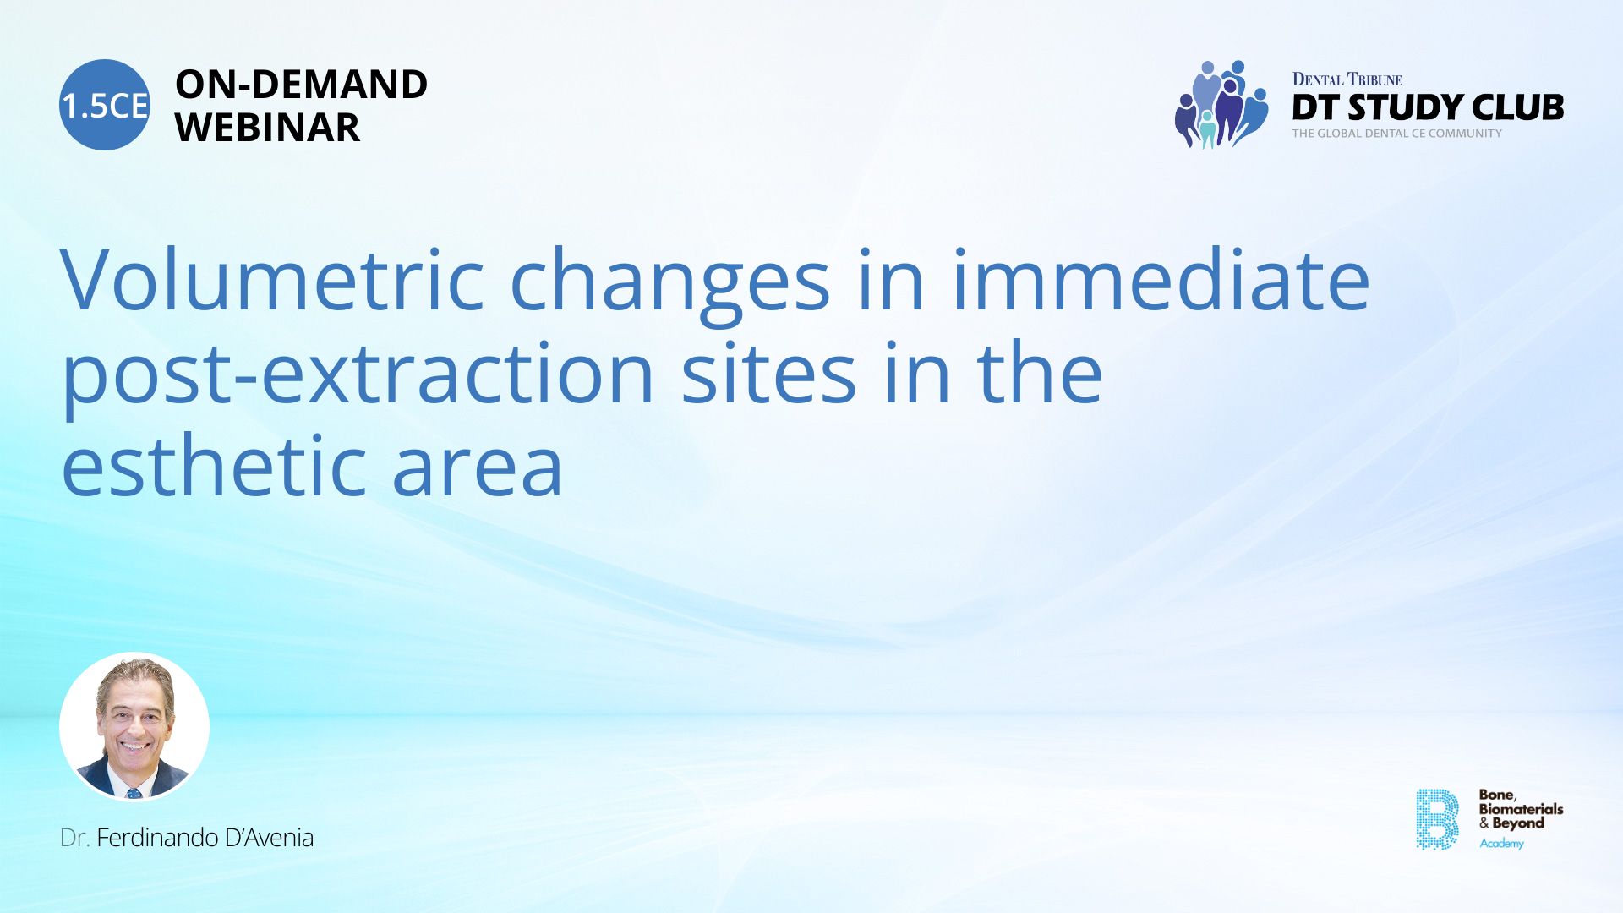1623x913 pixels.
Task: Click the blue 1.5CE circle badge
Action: click(x=105, y=105)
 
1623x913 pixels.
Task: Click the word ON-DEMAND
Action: click(x=301, y=85)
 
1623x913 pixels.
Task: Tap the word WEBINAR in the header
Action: click(x=267, y=128)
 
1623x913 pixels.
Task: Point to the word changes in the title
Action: click(x=670, y=287)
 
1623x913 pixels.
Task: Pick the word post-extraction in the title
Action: click(x=358, y=376)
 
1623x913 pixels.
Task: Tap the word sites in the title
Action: click(x=768, y=372)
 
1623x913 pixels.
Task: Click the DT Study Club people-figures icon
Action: click(x=1221, y=104)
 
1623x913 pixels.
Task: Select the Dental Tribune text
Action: click(x=1347, y=79)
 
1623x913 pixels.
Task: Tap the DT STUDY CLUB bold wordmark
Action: click(x=1428, y=107)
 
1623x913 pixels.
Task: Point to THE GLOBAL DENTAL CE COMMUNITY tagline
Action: click(x=1396, y=134)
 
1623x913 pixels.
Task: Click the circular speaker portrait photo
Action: click(x=134, y=726)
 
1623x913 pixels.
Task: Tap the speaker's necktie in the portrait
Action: click(x=134, y=794)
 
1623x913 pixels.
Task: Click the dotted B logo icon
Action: click(x=1437, y=819)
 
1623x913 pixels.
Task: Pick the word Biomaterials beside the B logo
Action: click(x=1521, y=809)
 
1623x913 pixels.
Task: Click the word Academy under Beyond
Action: click(x=1501, y=844)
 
